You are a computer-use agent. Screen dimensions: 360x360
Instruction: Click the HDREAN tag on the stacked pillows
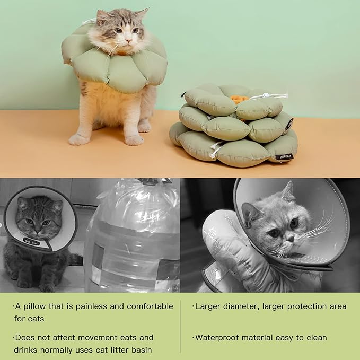pyautogui.click(x=285, y=157)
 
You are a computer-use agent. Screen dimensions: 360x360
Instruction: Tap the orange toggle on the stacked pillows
pyautogui.click(x=239, y=99)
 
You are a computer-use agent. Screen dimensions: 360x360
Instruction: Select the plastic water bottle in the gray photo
pyautogui.click(x=133, y=239)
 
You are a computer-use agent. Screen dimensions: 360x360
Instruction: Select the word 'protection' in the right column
pyautogui.click(x=309, y=306)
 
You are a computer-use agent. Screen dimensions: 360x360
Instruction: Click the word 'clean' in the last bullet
pyautogui.click(x=315, y=338)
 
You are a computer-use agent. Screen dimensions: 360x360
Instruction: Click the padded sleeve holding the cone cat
pyautogui.click(x=233, y=254)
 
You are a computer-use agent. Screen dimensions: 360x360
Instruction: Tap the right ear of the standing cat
pyautogui.click(x=141, y=14)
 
